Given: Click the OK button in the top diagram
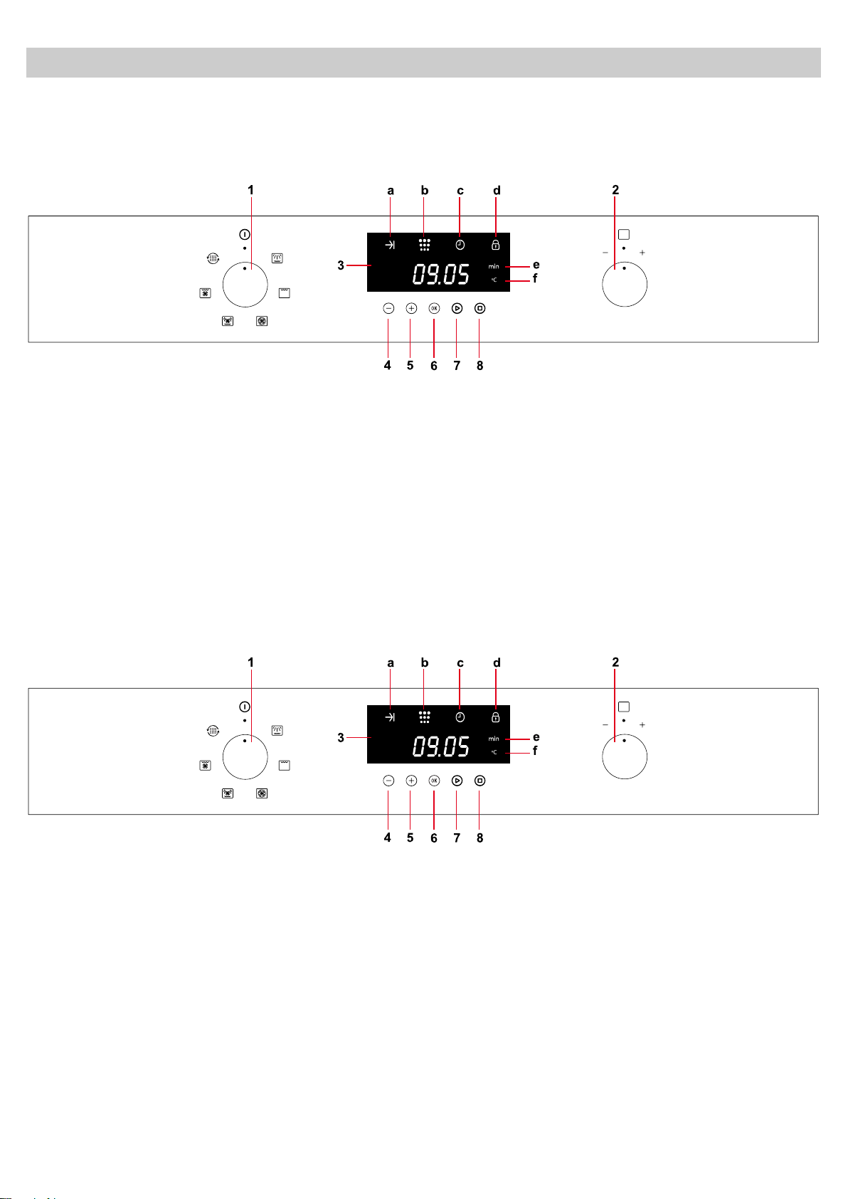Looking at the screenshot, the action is coord(434,308).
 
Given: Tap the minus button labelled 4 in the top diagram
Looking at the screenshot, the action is coord(388,308).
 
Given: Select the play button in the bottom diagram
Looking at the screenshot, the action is coord(457,781).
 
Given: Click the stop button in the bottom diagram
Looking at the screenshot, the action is coord(480,781).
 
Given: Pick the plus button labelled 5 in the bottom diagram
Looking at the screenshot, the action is coord(411,781).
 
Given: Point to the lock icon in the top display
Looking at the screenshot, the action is coord(495,245).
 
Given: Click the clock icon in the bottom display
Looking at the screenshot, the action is coord(460,717).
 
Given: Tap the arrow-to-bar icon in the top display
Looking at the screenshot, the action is coord(390,245).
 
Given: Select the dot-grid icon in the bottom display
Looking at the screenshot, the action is coord(424,717).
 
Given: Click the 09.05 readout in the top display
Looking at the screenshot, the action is coord(441,274).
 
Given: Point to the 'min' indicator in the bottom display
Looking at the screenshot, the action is coord(493,739).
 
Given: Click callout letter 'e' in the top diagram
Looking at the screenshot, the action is coord(536,265).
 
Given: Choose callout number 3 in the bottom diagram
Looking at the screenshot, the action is coord(341,738).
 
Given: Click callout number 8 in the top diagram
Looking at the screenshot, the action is coord(480,366).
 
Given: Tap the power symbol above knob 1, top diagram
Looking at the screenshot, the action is coord(245,234).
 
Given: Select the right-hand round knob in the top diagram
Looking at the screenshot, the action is coord(625,284).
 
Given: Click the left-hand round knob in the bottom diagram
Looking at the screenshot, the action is coord(245,756).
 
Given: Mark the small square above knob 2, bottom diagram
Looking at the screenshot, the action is coord(624,707).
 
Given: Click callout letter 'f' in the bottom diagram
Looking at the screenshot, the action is coord(535,751).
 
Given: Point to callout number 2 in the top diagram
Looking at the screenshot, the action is coord(615,190).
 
